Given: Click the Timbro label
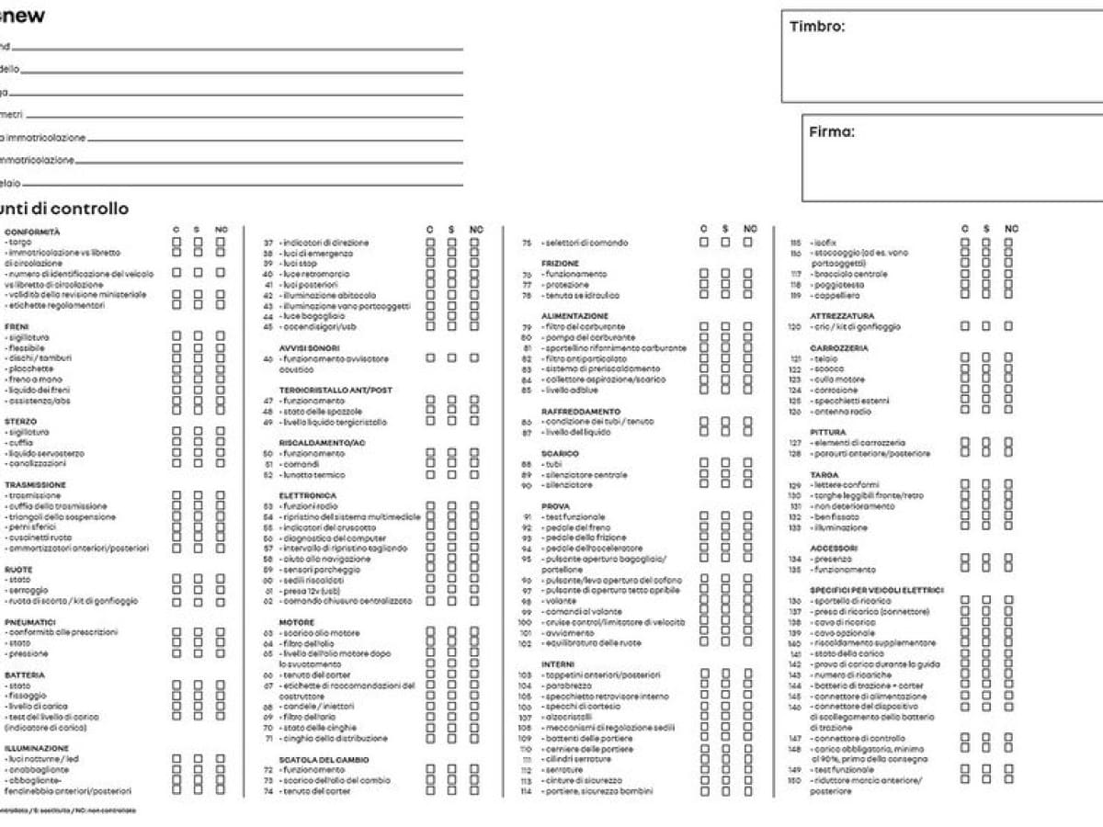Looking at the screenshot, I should point(817,27).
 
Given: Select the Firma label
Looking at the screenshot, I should point(831,132).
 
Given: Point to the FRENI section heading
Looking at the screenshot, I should point(17,326).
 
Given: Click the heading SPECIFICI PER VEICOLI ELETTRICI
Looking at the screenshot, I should point(877,590).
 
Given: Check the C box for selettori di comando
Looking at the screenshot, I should point(704,243).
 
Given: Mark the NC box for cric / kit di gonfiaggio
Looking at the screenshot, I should point(1008,326).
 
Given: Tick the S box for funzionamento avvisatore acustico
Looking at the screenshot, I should point(451,358).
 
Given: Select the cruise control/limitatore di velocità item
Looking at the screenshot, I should point(614,622).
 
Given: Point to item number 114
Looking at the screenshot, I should point(526,791).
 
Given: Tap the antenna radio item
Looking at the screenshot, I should point(842,412).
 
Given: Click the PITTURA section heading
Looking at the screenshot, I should point(828,432).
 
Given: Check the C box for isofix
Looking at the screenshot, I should point(964,243).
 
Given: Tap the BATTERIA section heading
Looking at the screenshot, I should point(25,674).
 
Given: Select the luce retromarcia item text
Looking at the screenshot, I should point(317,274).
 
